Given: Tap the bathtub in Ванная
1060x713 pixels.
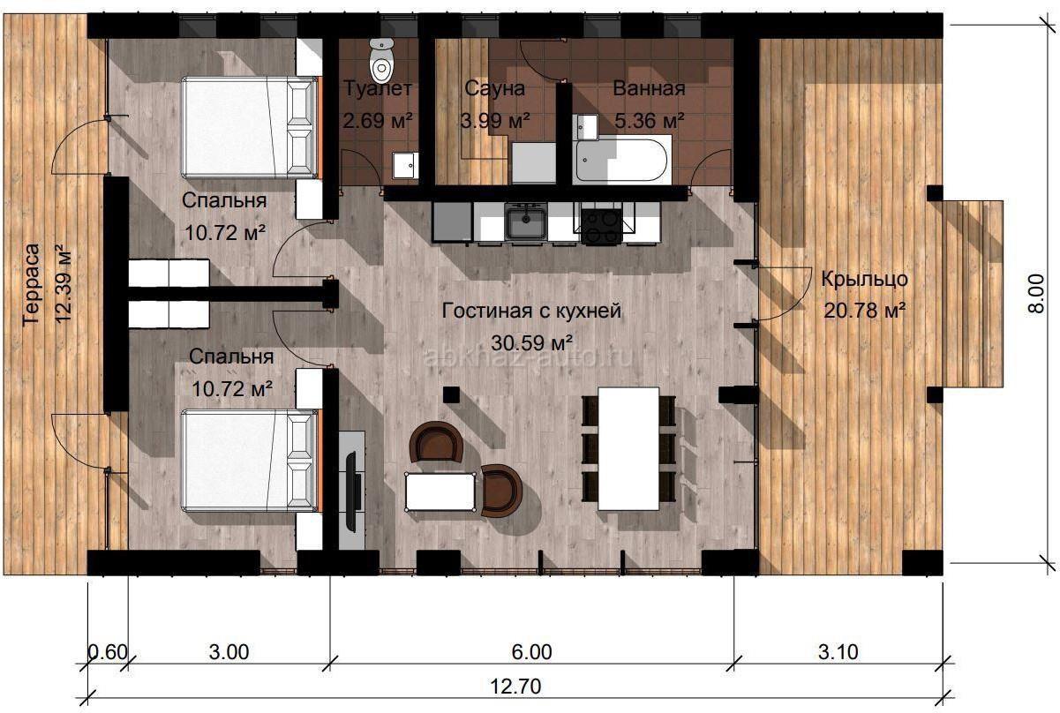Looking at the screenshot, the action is click(622, 160).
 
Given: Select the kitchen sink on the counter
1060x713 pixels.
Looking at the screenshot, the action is click(525, 221).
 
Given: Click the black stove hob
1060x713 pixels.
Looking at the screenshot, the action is click(601, 226).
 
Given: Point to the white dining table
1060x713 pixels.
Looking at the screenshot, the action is click(628, 448).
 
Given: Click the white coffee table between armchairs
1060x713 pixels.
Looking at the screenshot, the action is click(440, 492).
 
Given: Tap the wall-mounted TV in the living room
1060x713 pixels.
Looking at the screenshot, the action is click(350, 492).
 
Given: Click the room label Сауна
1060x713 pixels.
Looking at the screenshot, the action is click(494, 88).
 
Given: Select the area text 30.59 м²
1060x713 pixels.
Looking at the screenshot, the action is click(532, 343).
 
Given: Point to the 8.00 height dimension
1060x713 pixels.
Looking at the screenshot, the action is click(1036, 294).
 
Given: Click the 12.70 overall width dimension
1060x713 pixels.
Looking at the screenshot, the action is click(515, 686).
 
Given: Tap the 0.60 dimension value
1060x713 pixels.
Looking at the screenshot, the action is click(108, 652).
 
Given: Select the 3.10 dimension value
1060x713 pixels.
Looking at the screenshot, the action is click(838, 652).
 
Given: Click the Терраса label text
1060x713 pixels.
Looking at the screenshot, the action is click(32, 284).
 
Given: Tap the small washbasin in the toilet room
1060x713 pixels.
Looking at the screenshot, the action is click(405, 166).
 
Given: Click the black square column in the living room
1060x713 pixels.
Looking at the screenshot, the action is click(451, 394).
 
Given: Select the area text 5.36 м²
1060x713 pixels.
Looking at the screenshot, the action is click(650, 121).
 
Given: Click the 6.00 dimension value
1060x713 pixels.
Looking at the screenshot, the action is click(532, 652).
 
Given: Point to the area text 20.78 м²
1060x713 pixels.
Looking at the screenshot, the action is click(865, 311).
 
